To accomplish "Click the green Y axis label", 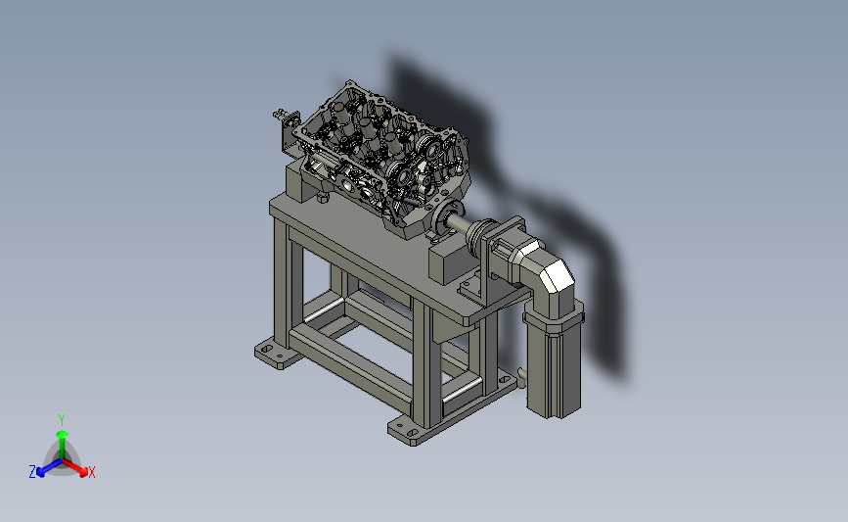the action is (x=62, y=420).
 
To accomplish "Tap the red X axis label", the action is (x=91, y=473).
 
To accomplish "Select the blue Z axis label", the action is (x=32, y=472).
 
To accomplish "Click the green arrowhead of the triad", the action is (x=63, y=434).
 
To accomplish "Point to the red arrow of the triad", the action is (x=74, y=468).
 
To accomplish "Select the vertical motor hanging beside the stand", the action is (x=553, y=360).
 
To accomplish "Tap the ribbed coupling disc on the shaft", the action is (x=479, y=238).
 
